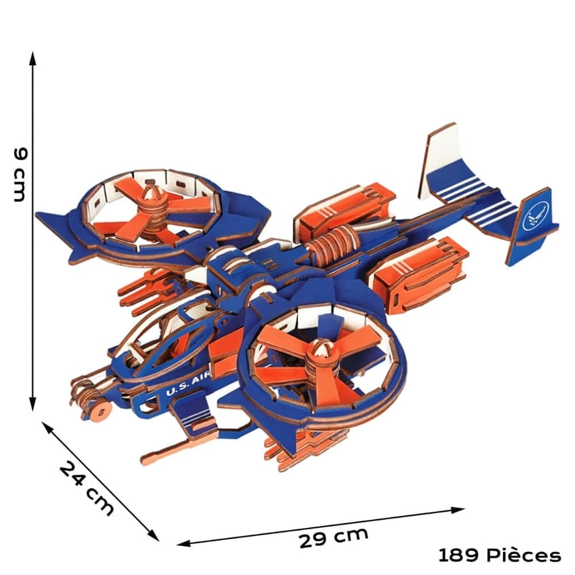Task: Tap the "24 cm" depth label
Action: point(87,488)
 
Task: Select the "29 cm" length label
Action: point(333,538)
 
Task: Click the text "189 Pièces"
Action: point(499,555)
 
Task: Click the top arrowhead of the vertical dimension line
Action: point(33,57)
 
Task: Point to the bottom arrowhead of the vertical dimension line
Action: point(33,406)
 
